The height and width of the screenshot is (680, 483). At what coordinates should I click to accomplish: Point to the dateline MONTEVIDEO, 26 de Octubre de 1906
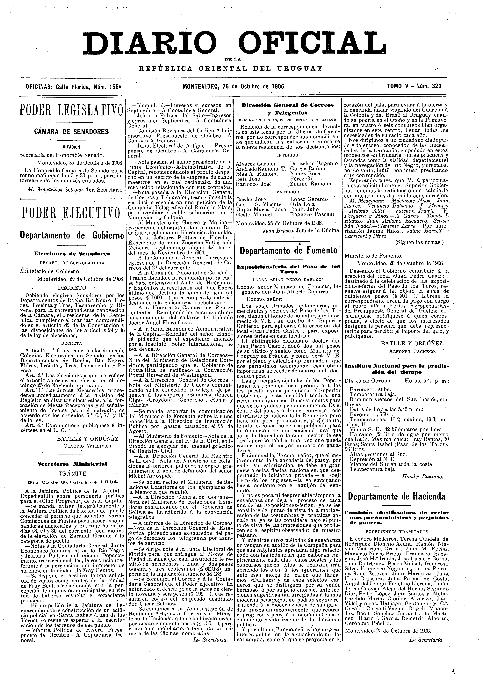coord(234,87)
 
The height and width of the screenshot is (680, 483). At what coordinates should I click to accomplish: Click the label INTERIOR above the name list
coord(288,155)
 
